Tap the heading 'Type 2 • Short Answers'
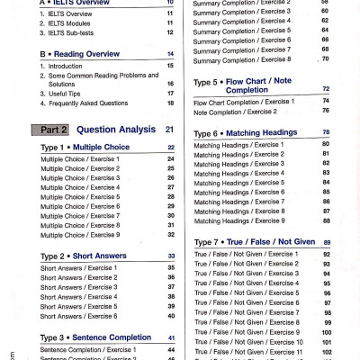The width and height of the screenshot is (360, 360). pos(79,256)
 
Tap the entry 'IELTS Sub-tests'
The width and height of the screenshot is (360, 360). pos(77,31)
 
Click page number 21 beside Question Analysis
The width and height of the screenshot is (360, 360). pos(169,130)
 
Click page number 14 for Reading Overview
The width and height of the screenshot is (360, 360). pos(170,54)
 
